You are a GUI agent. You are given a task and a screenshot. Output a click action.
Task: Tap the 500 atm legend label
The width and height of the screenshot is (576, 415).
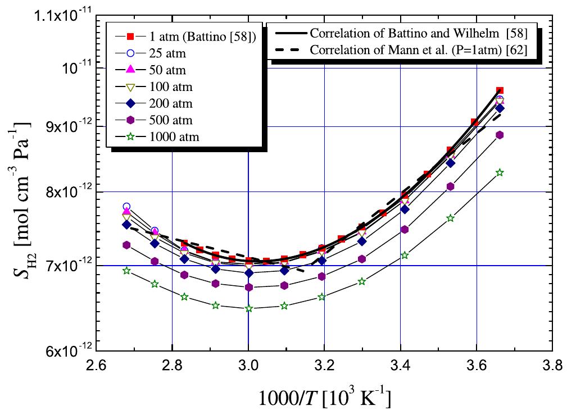pos(169,120)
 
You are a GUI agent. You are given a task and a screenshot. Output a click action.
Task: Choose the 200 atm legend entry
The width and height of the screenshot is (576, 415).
pos(169,103)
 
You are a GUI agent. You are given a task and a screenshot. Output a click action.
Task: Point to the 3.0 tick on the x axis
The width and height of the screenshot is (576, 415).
pos(248,367)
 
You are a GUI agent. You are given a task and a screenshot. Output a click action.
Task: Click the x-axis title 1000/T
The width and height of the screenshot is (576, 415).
pos(325,398)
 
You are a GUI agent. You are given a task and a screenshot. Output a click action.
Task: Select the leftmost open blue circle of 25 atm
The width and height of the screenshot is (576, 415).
pos(126,207)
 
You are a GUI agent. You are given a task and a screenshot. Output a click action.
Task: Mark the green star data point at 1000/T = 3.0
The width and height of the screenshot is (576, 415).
pos(248,308)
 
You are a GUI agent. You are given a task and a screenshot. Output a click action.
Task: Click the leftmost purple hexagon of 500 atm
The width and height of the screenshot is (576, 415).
pos(126,245)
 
